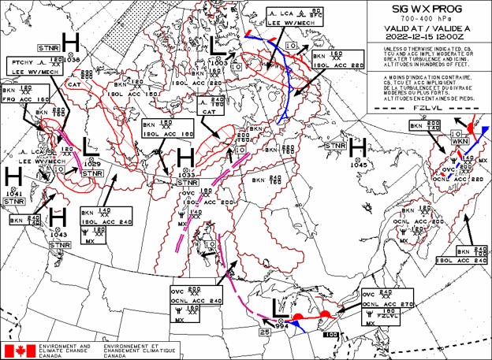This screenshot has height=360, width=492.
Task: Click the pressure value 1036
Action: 73,58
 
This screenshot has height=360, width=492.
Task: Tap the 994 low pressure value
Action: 283,325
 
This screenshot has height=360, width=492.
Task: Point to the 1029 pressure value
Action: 92,163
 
